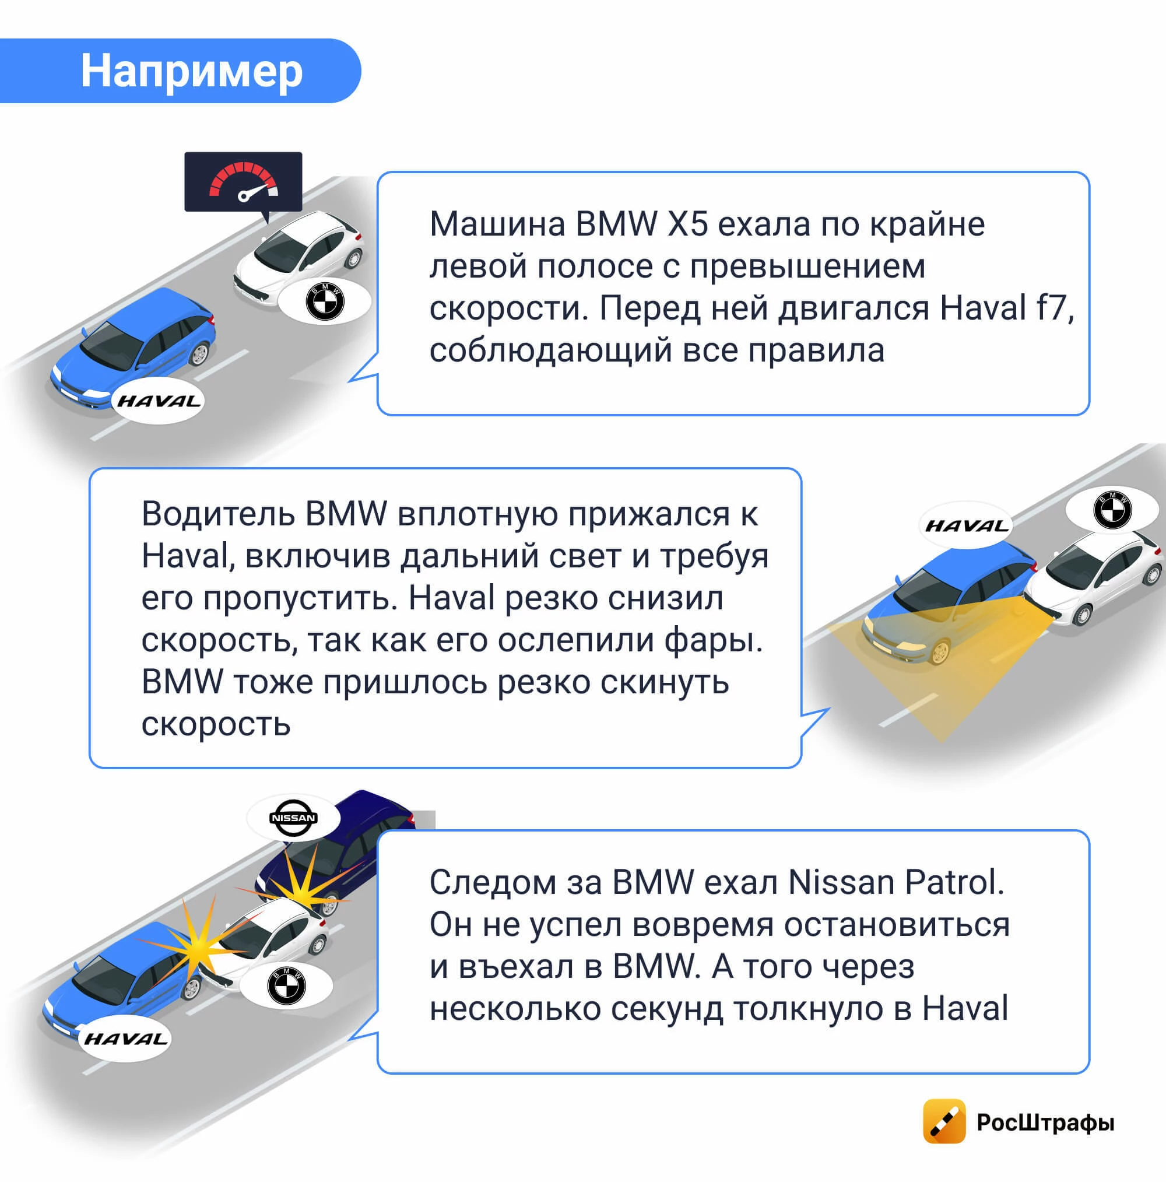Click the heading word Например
(191, 71)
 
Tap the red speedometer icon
(244, 181)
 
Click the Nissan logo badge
(293, 818)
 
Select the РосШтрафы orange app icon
(944, 1121)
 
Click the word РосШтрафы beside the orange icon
(1045, 1122)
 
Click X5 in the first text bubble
(687, 224)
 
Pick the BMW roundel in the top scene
(325, 301)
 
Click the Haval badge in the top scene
(159, 401)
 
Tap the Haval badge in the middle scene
(966, 525)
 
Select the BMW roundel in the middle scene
(1112, 509)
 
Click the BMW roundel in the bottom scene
(286, 985)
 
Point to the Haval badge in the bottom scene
(125, 1038)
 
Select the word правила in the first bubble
(816, 350)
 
